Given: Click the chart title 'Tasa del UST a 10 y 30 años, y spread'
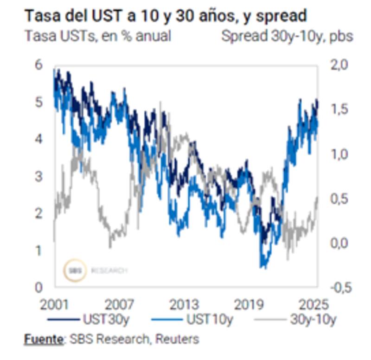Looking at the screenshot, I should click(165, 16).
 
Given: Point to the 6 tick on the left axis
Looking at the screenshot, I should click(38, 65).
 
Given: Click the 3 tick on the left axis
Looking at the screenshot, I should click(38, 176).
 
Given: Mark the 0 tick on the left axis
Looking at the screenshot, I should click(38, 288).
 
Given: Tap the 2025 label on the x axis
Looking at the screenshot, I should click(313, 305).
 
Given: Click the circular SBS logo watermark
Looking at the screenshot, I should click(75, 270).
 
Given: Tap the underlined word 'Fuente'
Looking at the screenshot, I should click(44, 339).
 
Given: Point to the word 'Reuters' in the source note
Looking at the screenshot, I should click(177, 339).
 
